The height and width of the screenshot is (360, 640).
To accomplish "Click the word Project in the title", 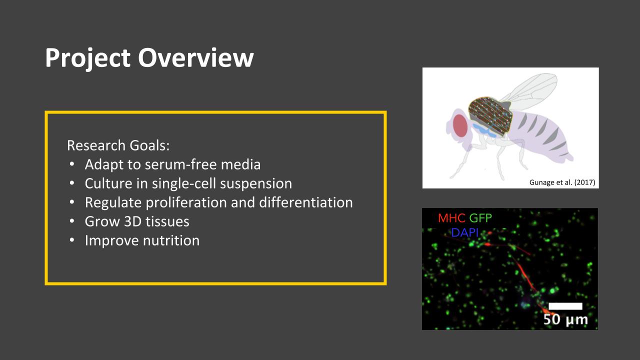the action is (x=87, y=58).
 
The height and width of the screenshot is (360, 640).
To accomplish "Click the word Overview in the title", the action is (x=195, y=58).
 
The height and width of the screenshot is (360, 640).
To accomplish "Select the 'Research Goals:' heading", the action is (x=118, y=145).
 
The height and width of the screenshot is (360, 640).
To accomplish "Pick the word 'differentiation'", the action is (x=306, y=202).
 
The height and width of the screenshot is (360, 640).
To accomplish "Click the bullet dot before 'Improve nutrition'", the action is (x=72, y=240).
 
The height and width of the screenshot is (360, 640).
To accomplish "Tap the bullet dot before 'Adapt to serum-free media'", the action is (x=72, y=164).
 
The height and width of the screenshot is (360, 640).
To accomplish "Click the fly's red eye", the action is (x=460, y=125).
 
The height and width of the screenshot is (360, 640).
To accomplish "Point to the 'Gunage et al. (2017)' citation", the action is (x=562, y=182).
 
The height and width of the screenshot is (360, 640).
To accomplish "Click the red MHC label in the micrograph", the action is (x=451, y=218).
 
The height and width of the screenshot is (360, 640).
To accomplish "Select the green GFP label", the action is (x=480, y=218).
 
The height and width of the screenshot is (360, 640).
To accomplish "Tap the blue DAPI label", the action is (x=465, y=232).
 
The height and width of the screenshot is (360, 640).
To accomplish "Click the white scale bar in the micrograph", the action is (x=565, y=306).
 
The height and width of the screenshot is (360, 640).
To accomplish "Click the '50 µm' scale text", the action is (x=565, y=319).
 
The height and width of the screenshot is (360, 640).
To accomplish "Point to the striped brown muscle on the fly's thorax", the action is (x=490, y=113).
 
